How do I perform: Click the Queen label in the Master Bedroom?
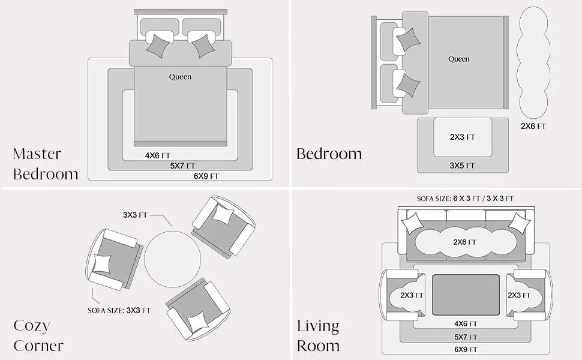[x=180, y=77]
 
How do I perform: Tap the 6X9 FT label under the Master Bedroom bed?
[x=206, y=176]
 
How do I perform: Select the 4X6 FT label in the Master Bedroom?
[x=157, y=155]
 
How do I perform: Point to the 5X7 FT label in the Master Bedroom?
[x=182, y=166]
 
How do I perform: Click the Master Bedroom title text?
[x=45, y=164]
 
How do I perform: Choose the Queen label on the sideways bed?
[x=459, y=59]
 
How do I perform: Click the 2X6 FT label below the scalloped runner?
[x=533, y=126]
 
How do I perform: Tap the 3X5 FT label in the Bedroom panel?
[x=462, y=166]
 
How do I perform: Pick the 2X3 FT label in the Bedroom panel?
[x=463, y=137]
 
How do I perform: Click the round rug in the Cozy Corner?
[x=173, y=259]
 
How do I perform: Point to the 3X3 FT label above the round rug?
[x=135, y=215]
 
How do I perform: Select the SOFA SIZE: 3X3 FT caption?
[x=119, y=310]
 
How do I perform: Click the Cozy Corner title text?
[x=38, y=335]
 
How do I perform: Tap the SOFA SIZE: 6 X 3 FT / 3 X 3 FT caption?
[x=465, y=199]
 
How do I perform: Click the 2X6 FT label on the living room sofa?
[x=464, y=242]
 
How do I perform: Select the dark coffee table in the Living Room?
[x=466, y=295]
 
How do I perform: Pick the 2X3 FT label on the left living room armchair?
[x=412, y=295]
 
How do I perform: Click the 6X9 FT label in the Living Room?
[x=466, y=349]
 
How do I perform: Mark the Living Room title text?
[x=318, y=335]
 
